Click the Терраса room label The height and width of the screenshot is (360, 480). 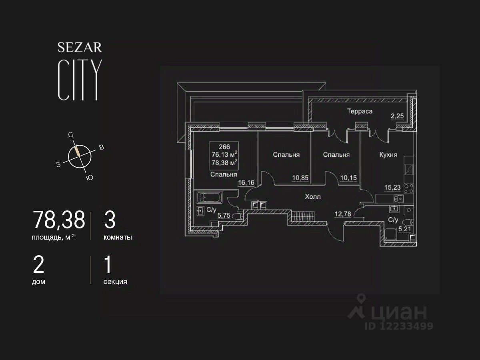point(360,111)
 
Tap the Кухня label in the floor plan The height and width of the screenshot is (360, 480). point(388,154)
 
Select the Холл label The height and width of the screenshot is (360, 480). point(313,197)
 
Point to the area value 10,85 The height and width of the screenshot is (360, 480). point(300,178)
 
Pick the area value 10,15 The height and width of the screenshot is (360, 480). point(348,178)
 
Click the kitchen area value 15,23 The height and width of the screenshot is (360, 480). point(392,187)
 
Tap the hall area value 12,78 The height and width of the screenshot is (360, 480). point(343,214)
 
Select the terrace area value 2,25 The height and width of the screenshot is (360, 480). point(398,116)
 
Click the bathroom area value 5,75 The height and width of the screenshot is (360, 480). point(224,215)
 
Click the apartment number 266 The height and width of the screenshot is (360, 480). point(224,147)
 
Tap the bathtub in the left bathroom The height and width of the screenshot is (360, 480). point(209,197)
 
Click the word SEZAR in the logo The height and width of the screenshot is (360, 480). point(80,48)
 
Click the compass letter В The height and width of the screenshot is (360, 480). point(102,148)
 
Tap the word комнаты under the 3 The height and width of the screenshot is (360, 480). point(118,237)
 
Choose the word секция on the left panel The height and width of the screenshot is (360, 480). point(115,282)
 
